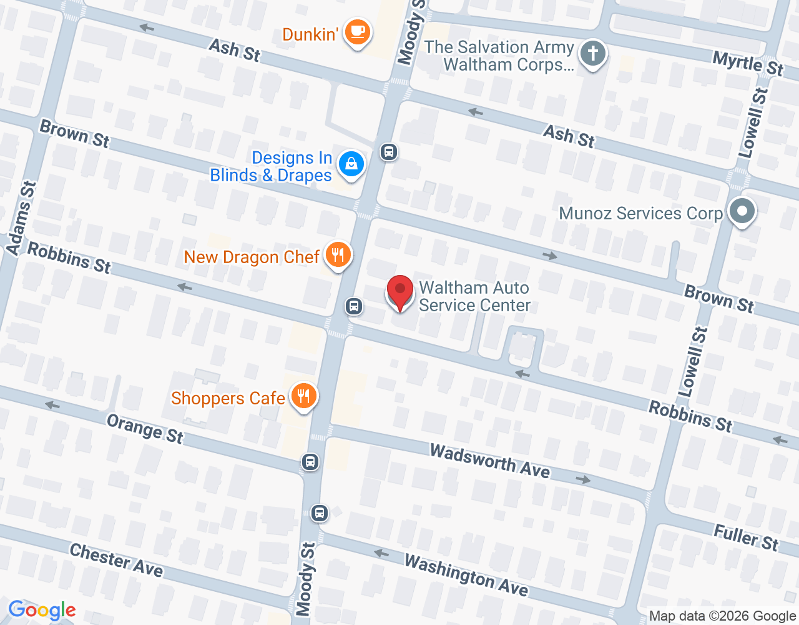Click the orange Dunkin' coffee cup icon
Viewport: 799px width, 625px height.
click(357, 31)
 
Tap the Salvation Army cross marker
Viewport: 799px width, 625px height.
click(592, 53)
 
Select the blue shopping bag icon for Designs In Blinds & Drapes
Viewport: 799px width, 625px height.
click(351, 164)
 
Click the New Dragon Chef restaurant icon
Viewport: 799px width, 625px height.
click(338, 255)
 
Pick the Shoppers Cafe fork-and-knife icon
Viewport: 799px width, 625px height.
click(303, 396)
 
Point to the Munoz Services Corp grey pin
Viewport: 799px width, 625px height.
click(742, 211)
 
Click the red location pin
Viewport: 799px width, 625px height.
click(400, 292)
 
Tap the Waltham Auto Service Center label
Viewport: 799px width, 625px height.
click(474, 296)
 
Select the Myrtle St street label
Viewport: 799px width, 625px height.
click(747, 63)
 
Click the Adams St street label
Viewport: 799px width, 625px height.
click(22, 218)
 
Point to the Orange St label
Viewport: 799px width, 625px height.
click(145, 429)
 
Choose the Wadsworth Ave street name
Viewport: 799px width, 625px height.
click(490, 461)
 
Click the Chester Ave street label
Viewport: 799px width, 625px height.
click(116, 560)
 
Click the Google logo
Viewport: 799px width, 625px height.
click(42, 610)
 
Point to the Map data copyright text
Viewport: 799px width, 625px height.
click(722, 616)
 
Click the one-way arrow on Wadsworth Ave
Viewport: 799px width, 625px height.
click(583, 479)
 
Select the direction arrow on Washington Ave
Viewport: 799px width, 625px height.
click(381, 553)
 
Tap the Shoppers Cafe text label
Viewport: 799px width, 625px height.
click(228, 398)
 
